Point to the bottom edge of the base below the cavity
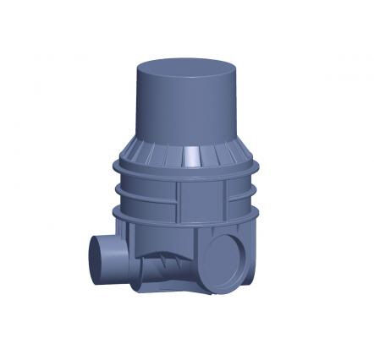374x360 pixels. pos(169,292)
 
